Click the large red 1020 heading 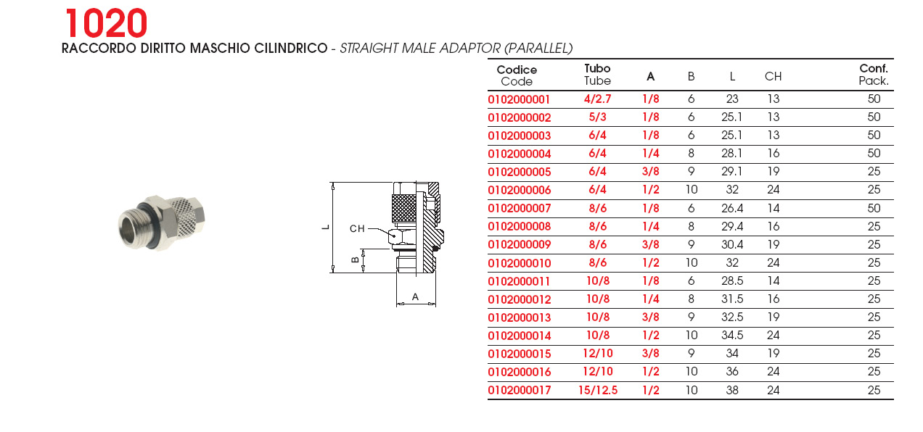(106, 23)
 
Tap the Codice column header (517, 70)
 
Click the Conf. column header (873, 68)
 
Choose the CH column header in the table (773, 76)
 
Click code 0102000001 (519, 99)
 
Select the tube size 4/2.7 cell (597, 99)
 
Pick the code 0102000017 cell (520, 390)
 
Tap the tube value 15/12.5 (598, 390)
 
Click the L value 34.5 (732, 336)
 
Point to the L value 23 (732, 99)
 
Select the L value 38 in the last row (732, 390)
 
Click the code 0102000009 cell (520, 245)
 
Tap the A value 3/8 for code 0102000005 (651, 172)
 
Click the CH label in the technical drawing (357, 229)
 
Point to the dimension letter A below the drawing (415, 296)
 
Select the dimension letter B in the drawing (355, 260)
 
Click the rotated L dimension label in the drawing (326, 227)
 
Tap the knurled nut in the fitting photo (187, 214)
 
